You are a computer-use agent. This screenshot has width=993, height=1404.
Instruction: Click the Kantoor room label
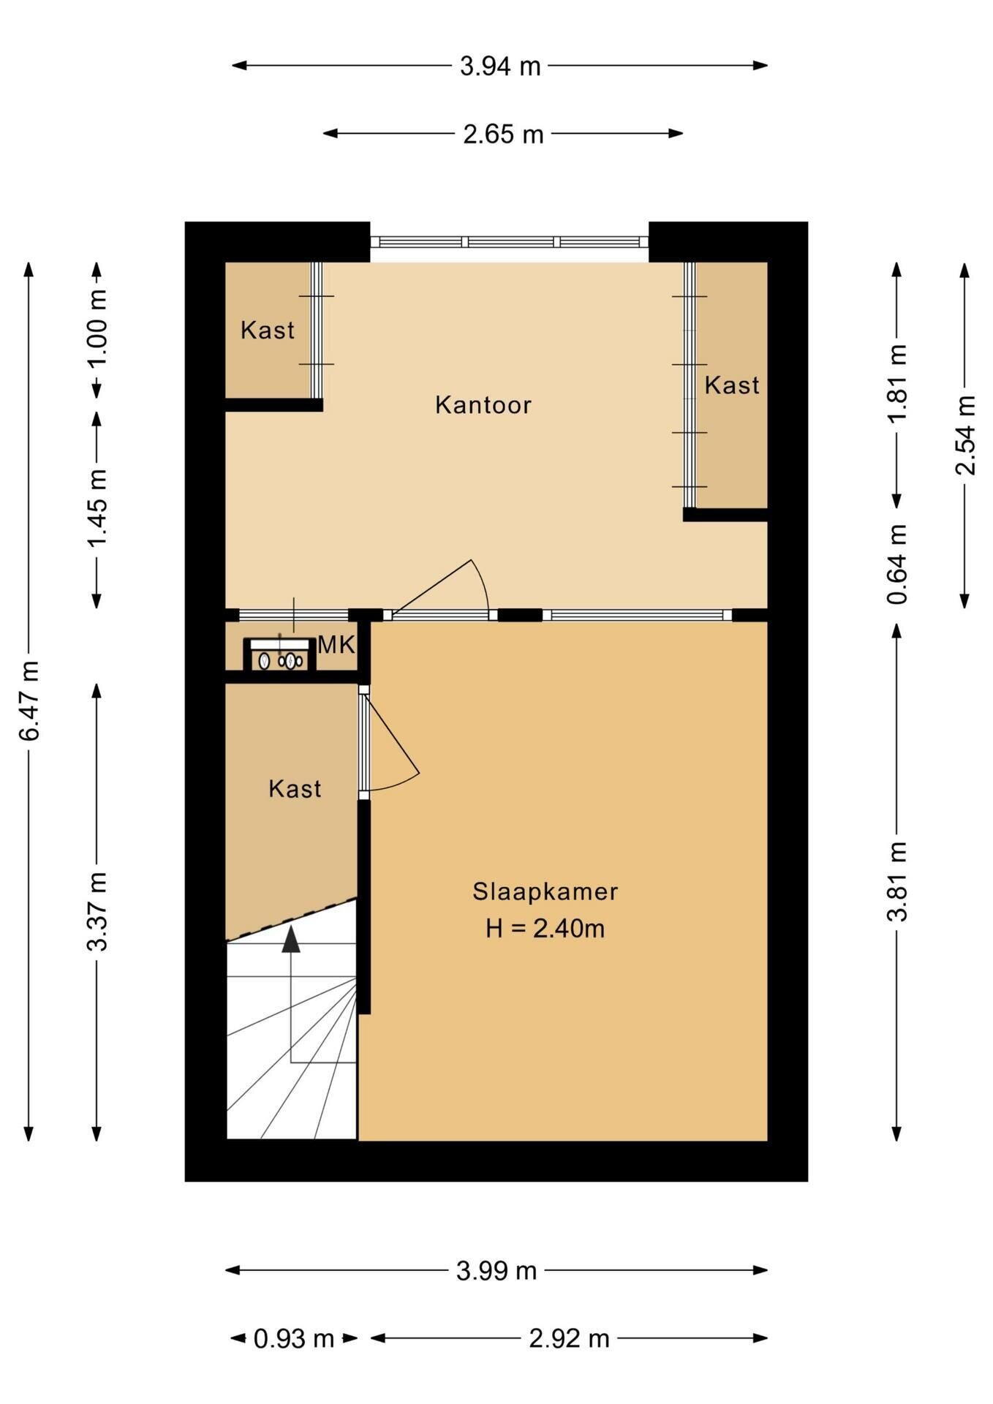[x=483, y=404]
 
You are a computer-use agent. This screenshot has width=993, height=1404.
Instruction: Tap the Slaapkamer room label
[x=545, y=891]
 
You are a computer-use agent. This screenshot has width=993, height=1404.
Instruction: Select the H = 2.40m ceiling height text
[x=545, y=929]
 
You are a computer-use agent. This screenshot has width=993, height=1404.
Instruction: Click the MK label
[x=336, y=645]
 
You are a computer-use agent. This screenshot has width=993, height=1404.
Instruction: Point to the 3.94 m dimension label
[x=500, y=67]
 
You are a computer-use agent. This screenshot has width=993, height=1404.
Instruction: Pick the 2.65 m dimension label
[x=504, y=135]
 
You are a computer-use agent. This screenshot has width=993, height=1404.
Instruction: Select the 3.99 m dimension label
[x=496, y=1271]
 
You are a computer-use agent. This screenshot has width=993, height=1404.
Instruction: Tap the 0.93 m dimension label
[x=294, y=1339]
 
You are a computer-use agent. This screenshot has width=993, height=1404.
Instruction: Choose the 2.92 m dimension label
[x=570, y=1339]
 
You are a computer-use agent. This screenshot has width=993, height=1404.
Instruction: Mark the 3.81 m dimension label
[x=897, y=881]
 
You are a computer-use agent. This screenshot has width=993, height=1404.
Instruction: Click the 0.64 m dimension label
[x=897, y=565]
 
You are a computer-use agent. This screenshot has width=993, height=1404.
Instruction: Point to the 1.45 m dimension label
[x=97, y=507]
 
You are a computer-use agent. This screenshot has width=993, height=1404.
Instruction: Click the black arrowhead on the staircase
[x=292, y=940]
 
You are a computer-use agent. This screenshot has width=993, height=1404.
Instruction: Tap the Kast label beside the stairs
[x=295, y=788]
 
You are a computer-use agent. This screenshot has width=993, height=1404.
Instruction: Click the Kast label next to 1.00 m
[x=268, y=330]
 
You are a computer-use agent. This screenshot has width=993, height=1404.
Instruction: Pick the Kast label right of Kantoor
[x=732, y=385]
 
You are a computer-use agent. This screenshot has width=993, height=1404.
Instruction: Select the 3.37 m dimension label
[x=97, y=911]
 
